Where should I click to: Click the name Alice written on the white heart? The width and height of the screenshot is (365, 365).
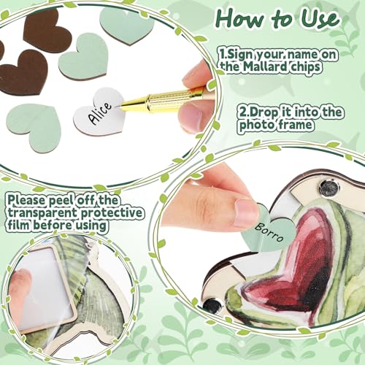[100, 113]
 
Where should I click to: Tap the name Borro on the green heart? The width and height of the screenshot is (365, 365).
[269, 232]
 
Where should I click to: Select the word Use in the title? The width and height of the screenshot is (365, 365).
[321, 19]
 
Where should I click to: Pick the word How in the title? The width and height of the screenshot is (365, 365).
[239, 19]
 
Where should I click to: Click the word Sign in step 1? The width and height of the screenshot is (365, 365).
[238, 54]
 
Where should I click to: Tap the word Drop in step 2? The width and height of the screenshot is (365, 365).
[263, 112]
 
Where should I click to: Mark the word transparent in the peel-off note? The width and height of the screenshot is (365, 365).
[42, 212]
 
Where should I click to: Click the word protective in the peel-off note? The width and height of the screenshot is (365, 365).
[112, 213]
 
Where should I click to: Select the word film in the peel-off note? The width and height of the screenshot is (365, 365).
[18, 225]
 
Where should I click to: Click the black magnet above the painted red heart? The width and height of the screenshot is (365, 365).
[329, 188]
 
